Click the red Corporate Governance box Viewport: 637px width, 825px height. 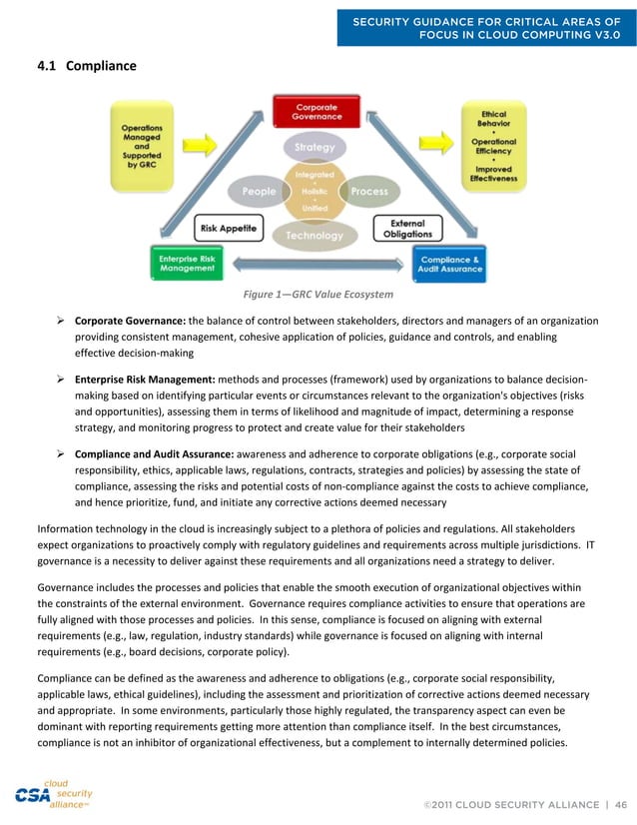tap(315, 111)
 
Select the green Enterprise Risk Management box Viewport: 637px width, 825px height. tap(187, 263)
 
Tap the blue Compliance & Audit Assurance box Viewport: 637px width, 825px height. tap(449, 263)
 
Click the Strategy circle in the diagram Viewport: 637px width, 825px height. tap(316, 147)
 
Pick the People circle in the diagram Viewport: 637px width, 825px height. tap(261, 191)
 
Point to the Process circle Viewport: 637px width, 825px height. tap(368, 191)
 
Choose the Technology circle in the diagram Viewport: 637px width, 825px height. tap(315, 236)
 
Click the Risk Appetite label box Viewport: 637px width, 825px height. tap(227, 229)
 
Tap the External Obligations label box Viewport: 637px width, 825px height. tap(406, 228)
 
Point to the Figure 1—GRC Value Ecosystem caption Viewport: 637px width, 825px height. tap(318, 295)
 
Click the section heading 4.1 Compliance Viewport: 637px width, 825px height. tap(86, 66)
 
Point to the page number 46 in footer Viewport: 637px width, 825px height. tap(620, 804)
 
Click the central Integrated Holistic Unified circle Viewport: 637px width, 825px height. tap(315, 191)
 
